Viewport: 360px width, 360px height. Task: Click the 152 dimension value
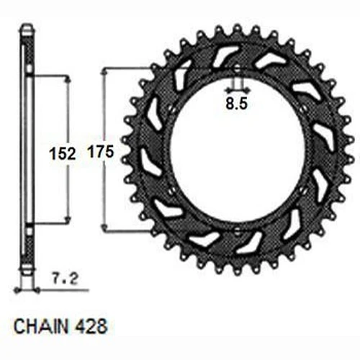pyautogui.click(x=63, y=153)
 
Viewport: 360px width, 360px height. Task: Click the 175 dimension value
pyautogui.click(x=101, y=152)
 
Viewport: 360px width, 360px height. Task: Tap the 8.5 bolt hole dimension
pyautogui.click(x=236, y=104)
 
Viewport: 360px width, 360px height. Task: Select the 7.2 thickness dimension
pyautogui.click(x=65, y=279)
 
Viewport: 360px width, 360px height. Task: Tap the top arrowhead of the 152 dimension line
pyautogui.click(x=68, y=80)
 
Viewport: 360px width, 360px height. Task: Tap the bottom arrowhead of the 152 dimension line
pyautogui.click(x=68, y=220)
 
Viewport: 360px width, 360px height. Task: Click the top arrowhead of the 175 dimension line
pyautogui.click(x=104, y=71)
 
